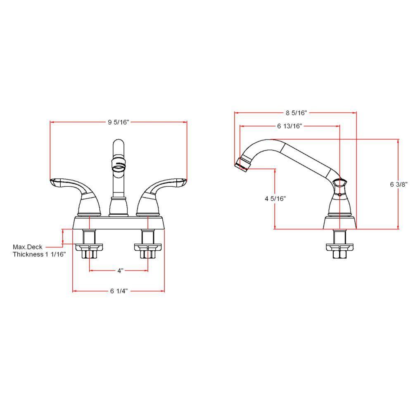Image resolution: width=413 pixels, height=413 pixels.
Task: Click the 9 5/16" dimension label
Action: pos(119,122)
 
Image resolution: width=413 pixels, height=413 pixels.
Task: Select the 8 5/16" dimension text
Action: pos(296,113)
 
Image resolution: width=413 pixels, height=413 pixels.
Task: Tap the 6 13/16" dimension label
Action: pos(290,126)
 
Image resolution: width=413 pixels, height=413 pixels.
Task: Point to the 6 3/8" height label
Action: pos(399,184)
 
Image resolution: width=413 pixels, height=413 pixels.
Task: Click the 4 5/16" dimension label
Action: pos(275,199)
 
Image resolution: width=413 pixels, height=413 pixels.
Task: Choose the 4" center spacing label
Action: pos(120,271)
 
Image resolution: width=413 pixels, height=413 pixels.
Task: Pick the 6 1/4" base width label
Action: pos(119,291)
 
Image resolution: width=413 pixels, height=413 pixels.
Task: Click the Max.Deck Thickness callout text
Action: pos(39,251)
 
